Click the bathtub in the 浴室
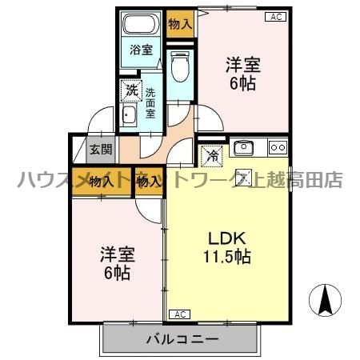[x=141, y=23]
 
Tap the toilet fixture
[x=180, y=66]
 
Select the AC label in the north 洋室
[x=276, y=17]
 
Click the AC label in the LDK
[x=180, y=314]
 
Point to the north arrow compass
[x=325, y=300]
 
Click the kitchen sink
[x=243, y=147]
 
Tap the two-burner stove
[x=278, y=147]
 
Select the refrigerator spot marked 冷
[x=212, y=156]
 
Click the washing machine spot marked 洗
[x=131, y=90]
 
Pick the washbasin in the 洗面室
[x=129, y=114]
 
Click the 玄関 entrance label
[x=101, y=150]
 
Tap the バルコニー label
[x=182, y=339]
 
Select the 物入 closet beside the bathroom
[x=180, y=24]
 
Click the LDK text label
[x=227, y=239]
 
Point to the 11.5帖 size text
[x=227, y=257]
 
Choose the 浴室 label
[x=142, y=50]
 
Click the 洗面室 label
[x=150, y=103]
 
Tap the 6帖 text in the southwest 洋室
[x=118, y=273]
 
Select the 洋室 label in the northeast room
[x=243, y=65]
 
